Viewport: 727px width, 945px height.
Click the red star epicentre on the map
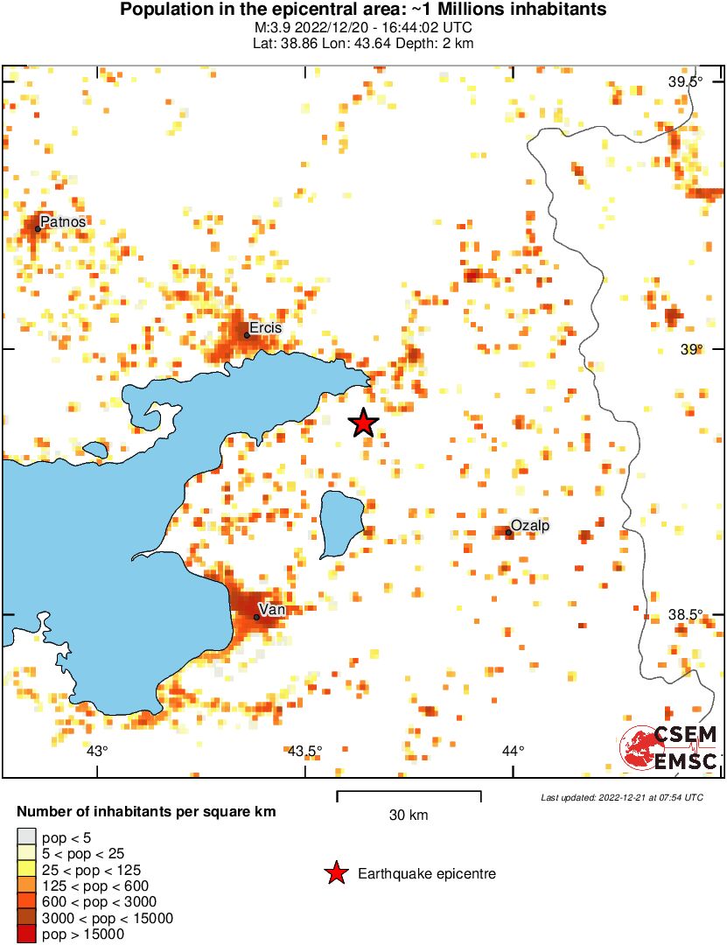[364, 423]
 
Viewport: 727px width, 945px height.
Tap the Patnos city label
[63, 222]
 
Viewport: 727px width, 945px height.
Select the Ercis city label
[266, 328]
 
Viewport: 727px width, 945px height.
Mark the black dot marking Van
[256, 617]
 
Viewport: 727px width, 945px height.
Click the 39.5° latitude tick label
[686, 82]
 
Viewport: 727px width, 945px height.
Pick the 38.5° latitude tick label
[686, 615]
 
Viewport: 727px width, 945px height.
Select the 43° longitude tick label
[97, 751]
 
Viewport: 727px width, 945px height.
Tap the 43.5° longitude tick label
[304, 751]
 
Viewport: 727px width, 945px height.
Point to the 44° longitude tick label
[513, 751]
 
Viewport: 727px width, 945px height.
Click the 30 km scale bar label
[409, 815]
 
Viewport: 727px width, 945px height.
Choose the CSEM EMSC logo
[669, 748]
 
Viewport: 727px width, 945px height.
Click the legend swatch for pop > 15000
[26, 934]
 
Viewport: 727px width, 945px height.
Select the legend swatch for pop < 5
[26, 838]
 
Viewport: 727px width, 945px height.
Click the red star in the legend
[335, 873]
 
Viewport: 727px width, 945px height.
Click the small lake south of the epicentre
[339, 523]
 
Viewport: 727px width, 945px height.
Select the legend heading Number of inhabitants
[146, 812]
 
